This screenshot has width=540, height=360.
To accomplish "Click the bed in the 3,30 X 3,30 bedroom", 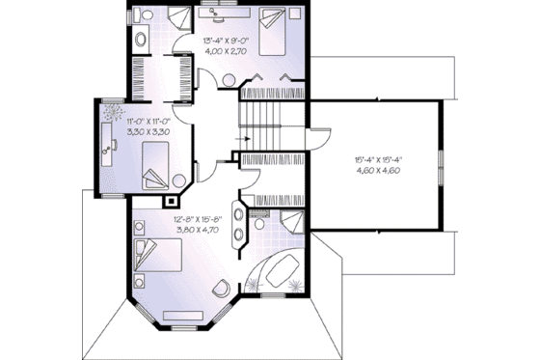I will pos(156,165).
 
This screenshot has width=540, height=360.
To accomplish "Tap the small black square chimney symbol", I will pos(172,203).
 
